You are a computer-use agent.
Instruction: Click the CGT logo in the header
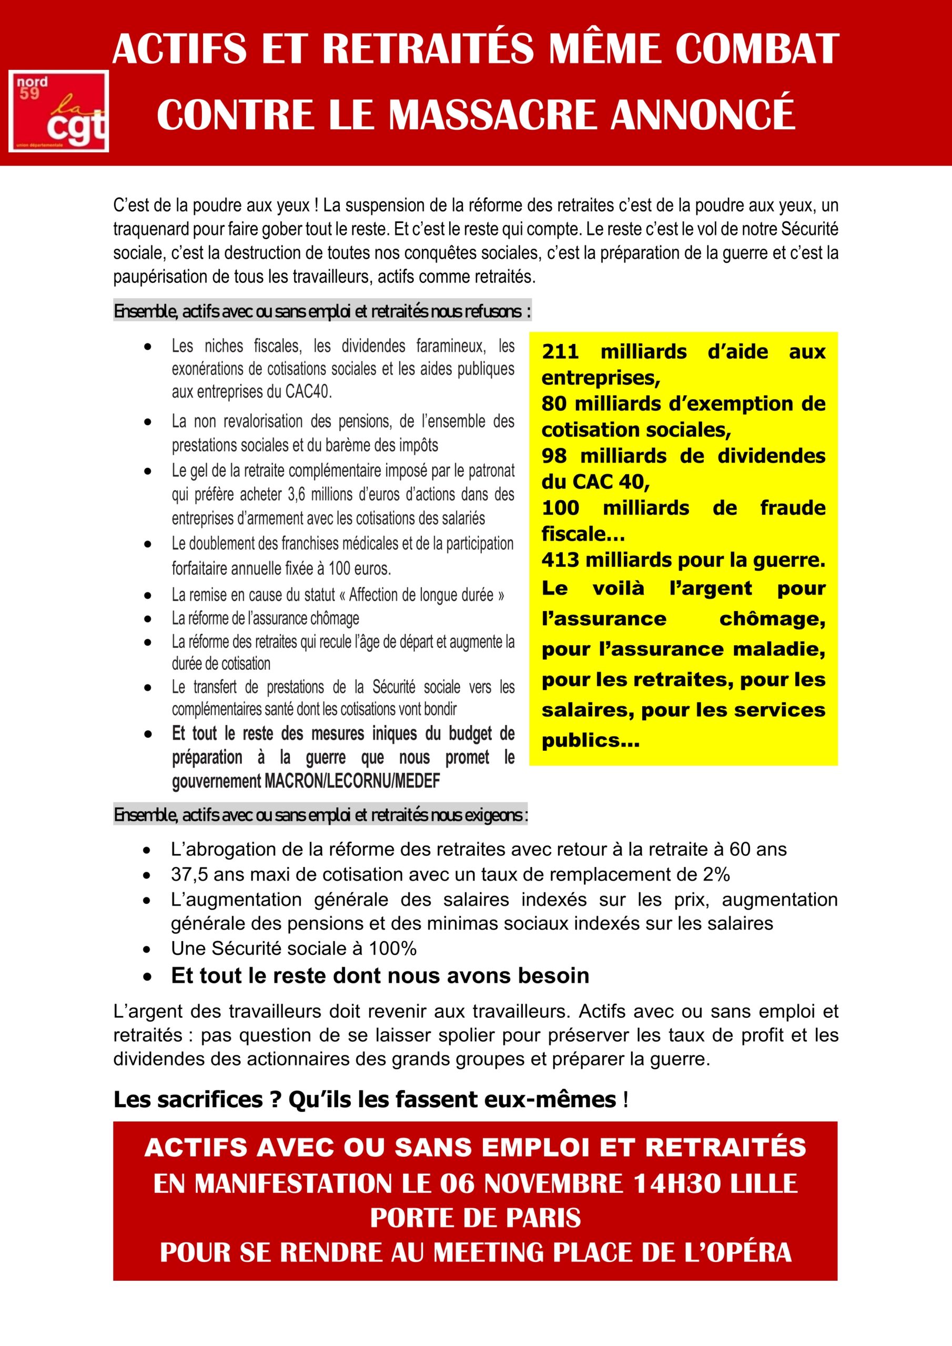[x=59, y=111]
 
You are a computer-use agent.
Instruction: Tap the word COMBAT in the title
[x=757, y=49]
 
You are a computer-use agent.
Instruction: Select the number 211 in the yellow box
[x=560, y=352]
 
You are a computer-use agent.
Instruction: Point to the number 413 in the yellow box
[x=560, y=560]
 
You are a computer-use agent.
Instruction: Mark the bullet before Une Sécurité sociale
[x=147, y=949]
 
